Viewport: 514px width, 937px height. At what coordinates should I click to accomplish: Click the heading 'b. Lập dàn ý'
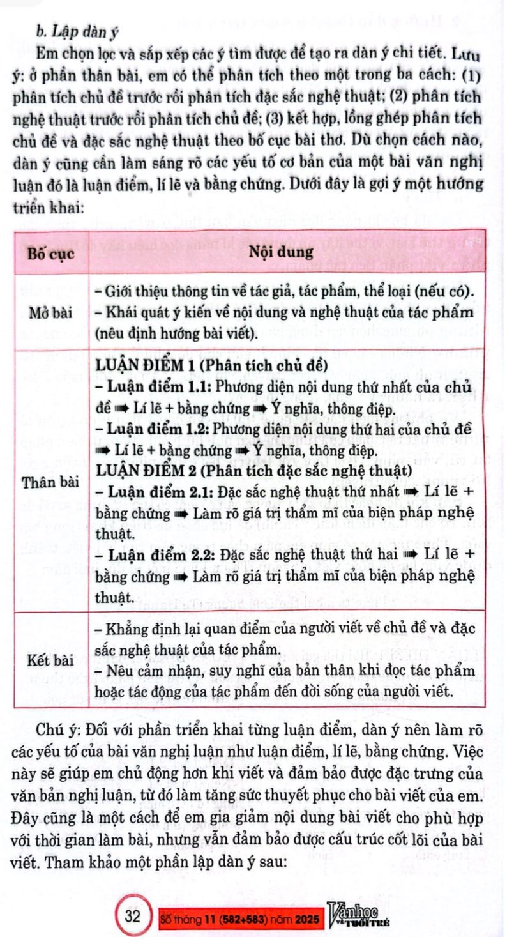point(75,30)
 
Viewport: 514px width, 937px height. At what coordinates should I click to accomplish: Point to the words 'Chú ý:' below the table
point(59,731)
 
